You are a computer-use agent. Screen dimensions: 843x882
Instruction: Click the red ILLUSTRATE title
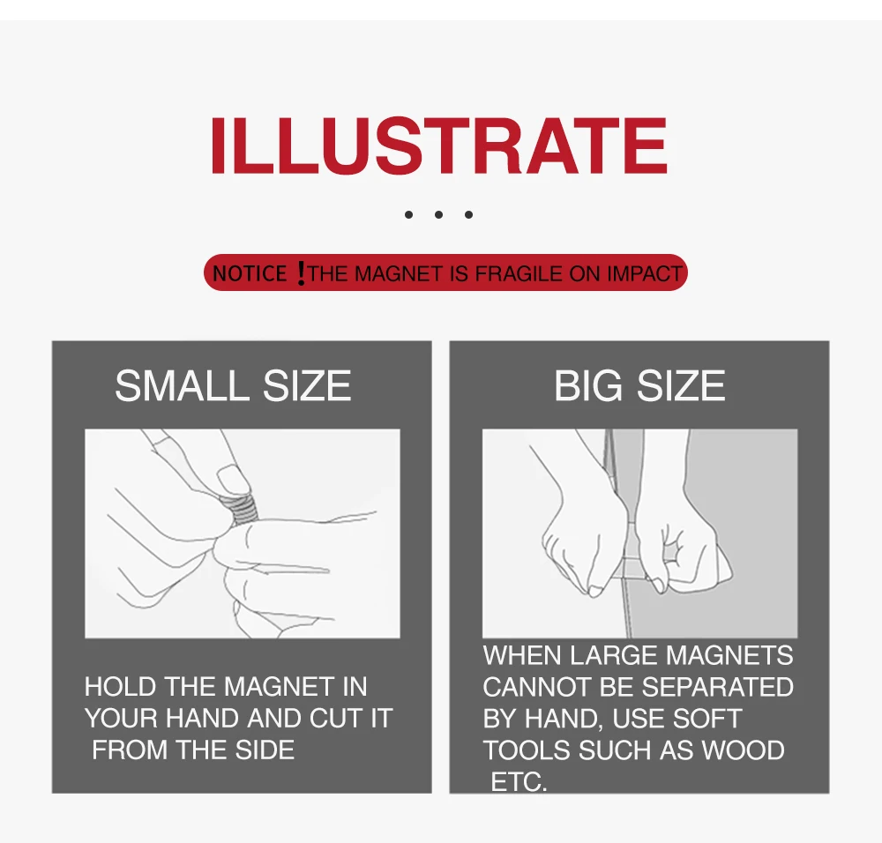438,145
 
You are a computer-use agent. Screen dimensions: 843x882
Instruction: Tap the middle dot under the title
437,214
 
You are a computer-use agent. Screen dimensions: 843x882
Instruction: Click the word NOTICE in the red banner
250,273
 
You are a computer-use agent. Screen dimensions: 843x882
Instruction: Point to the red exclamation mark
301,274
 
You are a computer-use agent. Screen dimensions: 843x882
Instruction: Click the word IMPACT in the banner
644,273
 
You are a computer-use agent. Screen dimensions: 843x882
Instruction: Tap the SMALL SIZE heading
233,386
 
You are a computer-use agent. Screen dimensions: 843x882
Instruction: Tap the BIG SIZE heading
639,386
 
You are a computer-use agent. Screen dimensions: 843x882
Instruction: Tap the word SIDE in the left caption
264,750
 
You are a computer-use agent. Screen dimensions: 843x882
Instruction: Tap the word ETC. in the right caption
518,781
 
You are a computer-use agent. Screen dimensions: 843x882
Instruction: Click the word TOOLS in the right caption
526,750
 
